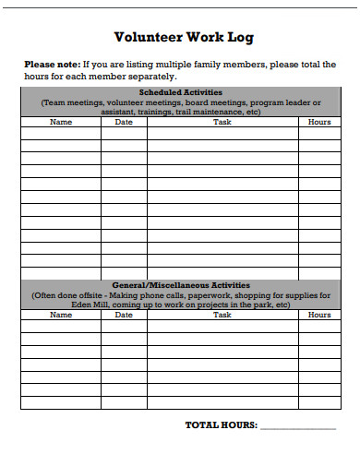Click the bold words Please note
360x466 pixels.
click(52, 64)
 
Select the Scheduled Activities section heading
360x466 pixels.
click(181, 92)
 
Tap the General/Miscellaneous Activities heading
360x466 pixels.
click(181, 285)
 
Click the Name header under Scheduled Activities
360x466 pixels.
click(60, 122)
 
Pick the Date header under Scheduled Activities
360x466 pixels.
click(124, 122)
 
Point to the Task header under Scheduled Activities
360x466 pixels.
click(222, 122)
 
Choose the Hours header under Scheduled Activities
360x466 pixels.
click(319, 122)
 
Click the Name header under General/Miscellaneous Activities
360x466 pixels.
click(60, 315)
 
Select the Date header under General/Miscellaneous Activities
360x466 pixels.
click(124, 315)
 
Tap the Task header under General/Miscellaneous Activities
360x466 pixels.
click(222, 315)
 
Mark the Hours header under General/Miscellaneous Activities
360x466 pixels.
click(319, 315)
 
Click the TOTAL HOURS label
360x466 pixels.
click(222, 426)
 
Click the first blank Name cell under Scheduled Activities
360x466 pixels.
click(60, 133)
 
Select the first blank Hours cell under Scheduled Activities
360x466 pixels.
click(319, 133)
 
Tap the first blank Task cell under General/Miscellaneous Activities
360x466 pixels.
click(222, 326)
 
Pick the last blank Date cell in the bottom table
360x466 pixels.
click(124, 402)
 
